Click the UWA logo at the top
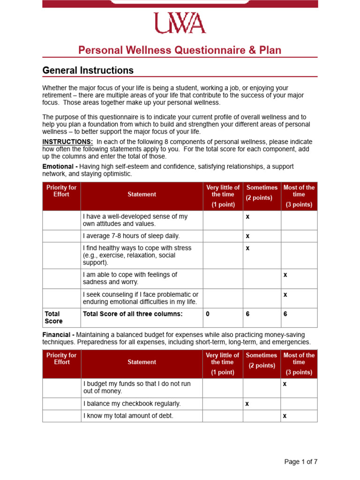180,23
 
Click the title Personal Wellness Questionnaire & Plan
180,50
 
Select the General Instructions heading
88,70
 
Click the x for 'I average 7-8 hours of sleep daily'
247,236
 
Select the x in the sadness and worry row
285,275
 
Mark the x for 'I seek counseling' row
285,294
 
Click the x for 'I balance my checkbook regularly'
247,404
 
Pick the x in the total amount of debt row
285,416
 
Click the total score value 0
208,314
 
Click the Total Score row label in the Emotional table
53,317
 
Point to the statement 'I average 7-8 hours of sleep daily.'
131,236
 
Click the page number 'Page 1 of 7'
300,462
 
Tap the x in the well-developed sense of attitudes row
247,217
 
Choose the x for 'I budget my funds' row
285,384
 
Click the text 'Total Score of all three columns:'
133,314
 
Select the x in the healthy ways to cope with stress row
247,248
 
